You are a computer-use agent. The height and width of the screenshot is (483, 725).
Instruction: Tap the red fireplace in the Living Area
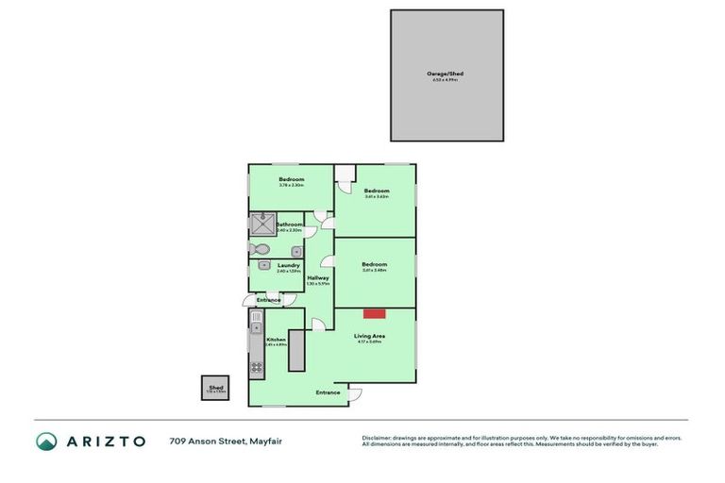[x=375, y=313]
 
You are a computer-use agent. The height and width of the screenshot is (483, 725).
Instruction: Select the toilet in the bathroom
[x=261, y=249]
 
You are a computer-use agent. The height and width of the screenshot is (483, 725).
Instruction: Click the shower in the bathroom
[x=261, y=225]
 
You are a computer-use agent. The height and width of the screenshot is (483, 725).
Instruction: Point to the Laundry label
[x=289, y=265]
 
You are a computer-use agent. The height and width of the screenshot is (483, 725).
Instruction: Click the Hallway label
[x=318, y=277]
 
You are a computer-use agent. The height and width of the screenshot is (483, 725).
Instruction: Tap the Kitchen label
[x=276, y=340]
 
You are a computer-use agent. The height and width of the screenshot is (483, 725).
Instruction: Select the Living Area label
[x=368, y=336]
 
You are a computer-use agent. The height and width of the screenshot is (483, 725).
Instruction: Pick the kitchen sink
[x=255, y=328]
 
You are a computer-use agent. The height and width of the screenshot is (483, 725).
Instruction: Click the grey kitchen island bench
[x=296, y=351]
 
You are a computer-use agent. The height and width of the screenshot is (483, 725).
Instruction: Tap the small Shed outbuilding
[x=215, y=388]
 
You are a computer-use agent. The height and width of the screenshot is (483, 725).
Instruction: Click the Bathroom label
[x=289, y=225]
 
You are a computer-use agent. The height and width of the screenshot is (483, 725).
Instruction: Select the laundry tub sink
[x=263, y=265]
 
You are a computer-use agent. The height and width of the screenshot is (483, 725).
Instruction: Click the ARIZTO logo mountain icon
[x=46, y=441]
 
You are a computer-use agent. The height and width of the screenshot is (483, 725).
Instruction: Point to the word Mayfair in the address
[x=264, y=441]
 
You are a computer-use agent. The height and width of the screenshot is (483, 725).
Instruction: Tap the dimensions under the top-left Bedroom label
[x=291, y=185]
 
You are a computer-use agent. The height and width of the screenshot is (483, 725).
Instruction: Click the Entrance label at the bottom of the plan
[x=328, y=392]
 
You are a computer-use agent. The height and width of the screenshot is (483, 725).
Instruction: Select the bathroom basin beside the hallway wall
[x=295, y=251]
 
